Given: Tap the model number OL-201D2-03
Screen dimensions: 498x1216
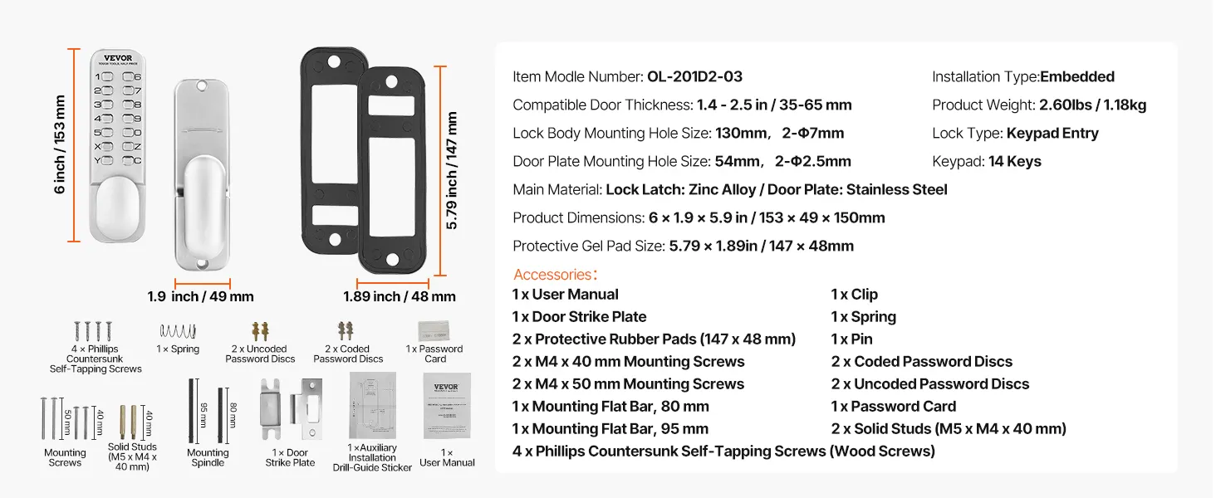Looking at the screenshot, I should pos(694,77).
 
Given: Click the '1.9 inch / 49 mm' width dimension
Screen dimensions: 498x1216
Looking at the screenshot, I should pos(201,296).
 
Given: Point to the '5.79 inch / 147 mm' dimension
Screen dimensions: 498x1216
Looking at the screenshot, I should pos(452,171).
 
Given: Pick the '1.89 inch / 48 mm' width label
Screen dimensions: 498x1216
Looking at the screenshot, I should pos(399,296).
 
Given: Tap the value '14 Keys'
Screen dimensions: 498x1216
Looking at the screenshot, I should pos(1014,162).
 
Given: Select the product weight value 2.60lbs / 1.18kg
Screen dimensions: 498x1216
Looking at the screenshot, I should pos(1092,105).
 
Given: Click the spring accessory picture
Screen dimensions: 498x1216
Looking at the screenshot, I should pos(178,330).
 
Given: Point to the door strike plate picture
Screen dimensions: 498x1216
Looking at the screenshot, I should pos(291,411).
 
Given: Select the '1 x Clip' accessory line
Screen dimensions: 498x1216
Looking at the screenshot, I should pos(854,295).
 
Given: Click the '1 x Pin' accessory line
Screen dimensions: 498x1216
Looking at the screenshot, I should pos(851,339).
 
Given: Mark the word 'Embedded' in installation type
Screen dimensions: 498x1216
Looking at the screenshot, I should pos(1077,77).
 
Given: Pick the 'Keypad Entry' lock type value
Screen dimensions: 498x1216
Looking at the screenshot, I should pos(1052,134).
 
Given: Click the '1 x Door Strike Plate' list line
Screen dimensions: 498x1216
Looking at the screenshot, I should pos(579,317).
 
